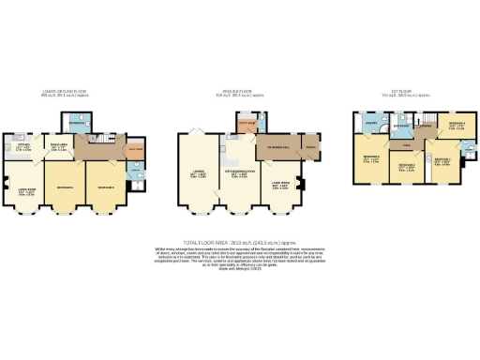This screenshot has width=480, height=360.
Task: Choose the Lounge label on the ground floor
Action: click(199, 173)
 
